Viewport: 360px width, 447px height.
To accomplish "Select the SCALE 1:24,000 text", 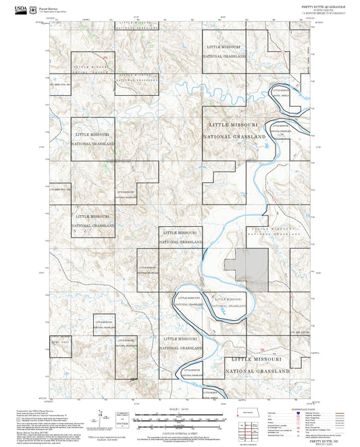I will (180, 409).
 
